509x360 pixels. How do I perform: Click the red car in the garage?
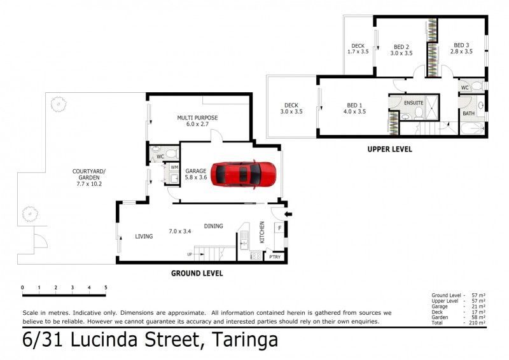[x=243, y=174]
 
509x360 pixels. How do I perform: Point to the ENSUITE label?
[x=414, y=103]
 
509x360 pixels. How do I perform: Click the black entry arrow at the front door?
[x=288, y=214]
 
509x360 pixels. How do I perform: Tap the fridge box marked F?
[x=279, y=228]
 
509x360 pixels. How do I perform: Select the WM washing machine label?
[x=174, y=167]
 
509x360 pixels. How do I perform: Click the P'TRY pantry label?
[x=275, y=257]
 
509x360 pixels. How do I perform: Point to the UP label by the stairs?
[x=190, y=254]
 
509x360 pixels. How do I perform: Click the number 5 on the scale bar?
[x=106, y=287]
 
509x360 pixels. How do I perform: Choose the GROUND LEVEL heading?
[x=197, y=273]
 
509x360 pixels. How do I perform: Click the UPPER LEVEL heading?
[x=389, y=149]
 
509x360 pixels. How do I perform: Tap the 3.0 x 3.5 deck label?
[x=291, y=111]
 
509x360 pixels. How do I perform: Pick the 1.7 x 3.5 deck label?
[x=358, y=52]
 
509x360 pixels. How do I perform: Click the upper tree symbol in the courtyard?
[x=59, y=104]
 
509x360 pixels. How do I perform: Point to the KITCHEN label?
[x=262, y=232]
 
